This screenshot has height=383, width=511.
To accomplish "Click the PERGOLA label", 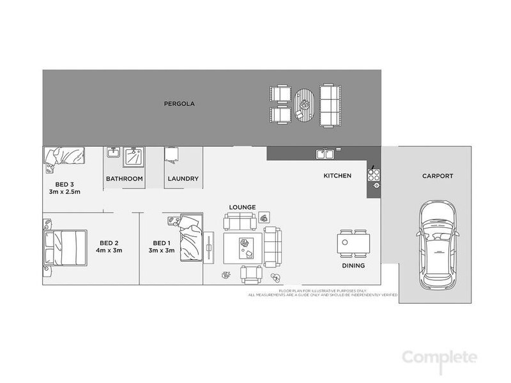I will coord(179,103).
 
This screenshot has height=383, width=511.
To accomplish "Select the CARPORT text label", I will coord(437,176).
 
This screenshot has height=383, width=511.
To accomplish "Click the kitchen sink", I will coord(325,153).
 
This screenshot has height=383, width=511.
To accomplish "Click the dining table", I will coord(353,243).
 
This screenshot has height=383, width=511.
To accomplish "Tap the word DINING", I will coord(353,266).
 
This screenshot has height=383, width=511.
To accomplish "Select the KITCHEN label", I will coord(337,176).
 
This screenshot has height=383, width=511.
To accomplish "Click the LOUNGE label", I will coord(243,207).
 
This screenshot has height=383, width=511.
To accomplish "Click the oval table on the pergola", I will coord(305,105).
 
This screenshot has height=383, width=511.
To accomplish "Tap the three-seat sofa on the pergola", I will coord(329,106).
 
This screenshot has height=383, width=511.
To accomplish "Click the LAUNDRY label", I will coord(183,179).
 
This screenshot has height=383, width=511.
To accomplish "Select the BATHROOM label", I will coord(124,179).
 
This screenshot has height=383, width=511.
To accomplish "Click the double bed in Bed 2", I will coord(65,248).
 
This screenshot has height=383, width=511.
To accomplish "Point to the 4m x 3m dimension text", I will coord(109,250).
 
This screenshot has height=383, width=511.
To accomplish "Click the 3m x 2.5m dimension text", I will coord(63,192).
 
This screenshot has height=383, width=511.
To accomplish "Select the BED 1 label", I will coord(162,243).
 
